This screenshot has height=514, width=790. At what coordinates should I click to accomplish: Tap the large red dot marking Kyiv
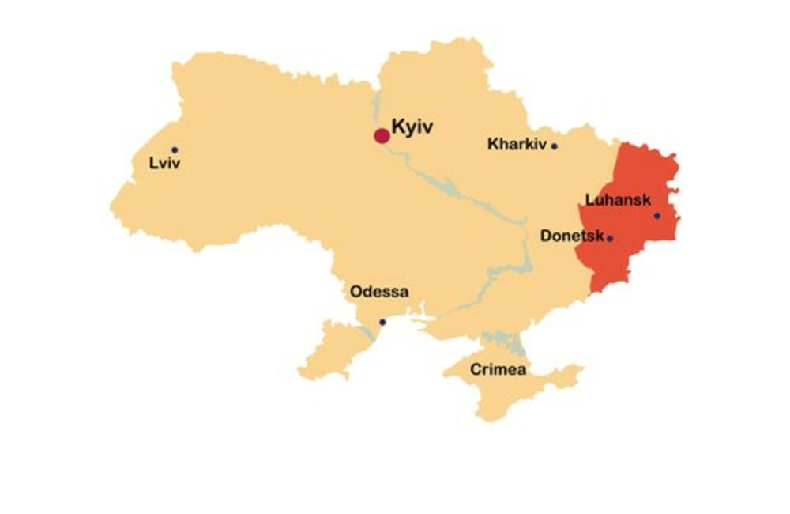pyautogui.click(x=382, y=136)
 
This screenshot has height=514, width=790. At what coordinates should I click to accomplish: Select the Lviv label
pyautogui.click(x=165, y=164)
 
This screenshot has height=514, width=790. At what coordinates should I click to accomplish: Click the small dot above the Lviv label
pyautogui.click(x=175, y=149)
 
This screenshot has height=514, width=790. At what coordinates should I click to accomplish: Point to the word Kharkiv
pyautogui.click(x=517, y=144)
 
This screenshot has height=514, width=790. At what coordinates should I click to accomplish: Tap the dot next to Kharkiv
pyautogui.click(x=555, y=146)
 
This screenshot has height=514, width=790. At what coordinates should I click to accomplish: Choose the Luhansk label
pyautogui.click(x=619, y=200)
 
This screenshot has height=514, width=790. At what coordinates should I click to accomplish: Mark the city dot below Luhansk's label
pyautogui.click(x=656, y=215)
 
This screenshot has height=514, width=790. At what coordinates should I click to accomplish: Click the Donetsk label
pyautogui.click(x=572, y=236)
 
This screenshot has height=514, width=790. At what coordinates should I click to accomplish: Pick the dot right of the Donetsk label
pyautogui.click(x=610, y=237)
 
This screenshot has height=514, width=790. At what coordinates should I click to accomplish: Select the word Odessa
pyautogui.click(x=379, y=292)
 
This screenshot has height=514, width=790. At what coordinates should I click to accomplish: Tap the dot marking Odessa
pyautogui.click(x=382, y=322)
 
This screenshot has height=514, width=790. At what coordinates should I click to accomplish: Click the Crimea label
pyautogui.click(x=498, y=369)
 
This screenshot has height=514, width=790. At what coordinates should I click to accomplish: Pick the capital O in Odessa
pyautogui.click(x=356, y=292)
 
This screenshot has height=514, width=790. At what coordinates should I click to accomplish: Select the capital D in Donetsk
pyautogui.click(x=546, y=236)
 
